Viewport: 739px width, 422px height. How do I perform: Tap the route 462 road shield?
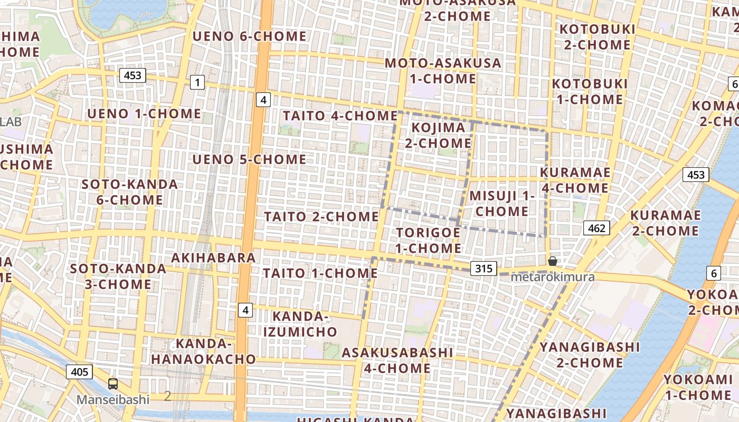click(596, 228)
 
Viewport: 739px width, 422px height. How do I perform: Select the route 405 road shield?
click(79, 372)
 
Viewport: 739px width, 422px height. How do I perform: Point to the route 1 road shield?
click(197, 82)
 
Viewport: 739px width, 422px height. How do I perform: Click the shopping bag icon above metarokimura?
click(553, 261)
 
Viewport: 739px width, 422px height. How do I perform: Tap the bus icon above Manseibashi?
click(113, 383)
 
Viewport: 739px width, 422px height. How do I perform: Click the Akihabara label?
click(214, 257)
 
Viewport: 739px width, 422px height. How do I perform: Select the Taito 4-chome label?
click(340, 116)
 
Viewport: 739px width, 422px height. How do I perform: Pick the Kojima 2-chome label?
click(438, 135)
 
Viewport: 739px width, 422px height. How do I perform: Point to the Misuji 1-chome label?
click(502, 203)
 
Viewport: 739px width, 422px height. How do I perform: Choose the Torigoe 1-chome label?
click(428, 240)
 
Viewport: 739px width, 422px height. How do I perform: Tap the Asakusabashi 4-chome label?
click(397, 360)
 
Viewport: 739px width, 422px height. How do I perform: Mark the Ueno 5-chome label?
click(249, 159)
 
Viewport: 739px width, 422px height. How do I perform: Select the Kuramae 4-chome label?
click(575, 180)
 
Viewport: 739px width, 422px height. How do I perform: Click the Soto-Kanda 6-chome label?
click(130, 192)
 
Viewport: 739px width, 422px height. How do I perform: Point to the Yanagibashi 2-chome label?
click(589, 354)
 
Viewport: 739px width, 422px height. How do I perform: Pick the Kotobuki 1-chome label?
click(590, 91)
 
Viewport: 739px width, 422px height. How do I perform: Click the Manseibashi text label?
click(113, 399)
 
